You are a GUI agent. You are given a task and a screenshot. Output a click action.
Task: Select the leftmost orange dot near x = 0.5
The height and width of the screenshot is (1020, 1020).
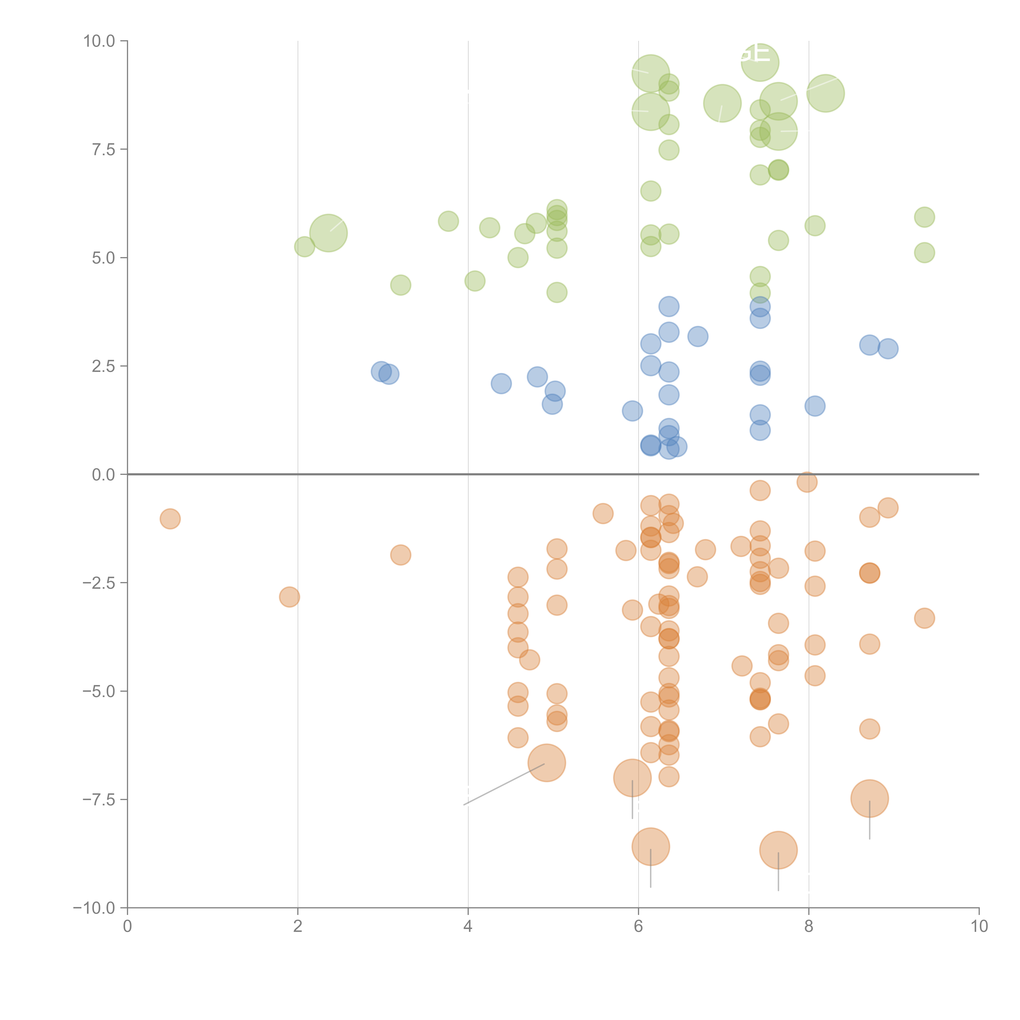170,519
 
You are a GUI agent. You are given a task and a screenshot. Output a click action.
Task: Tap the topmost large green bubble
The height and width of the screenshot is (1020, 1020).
760,62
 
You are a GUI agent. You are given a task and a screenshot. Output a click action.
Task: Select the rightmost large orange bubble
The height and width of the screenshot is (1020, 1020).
869,799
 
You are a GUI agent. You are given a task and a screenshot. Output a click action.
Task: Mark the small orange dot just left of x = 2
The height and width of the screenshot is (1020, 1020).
289,597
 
